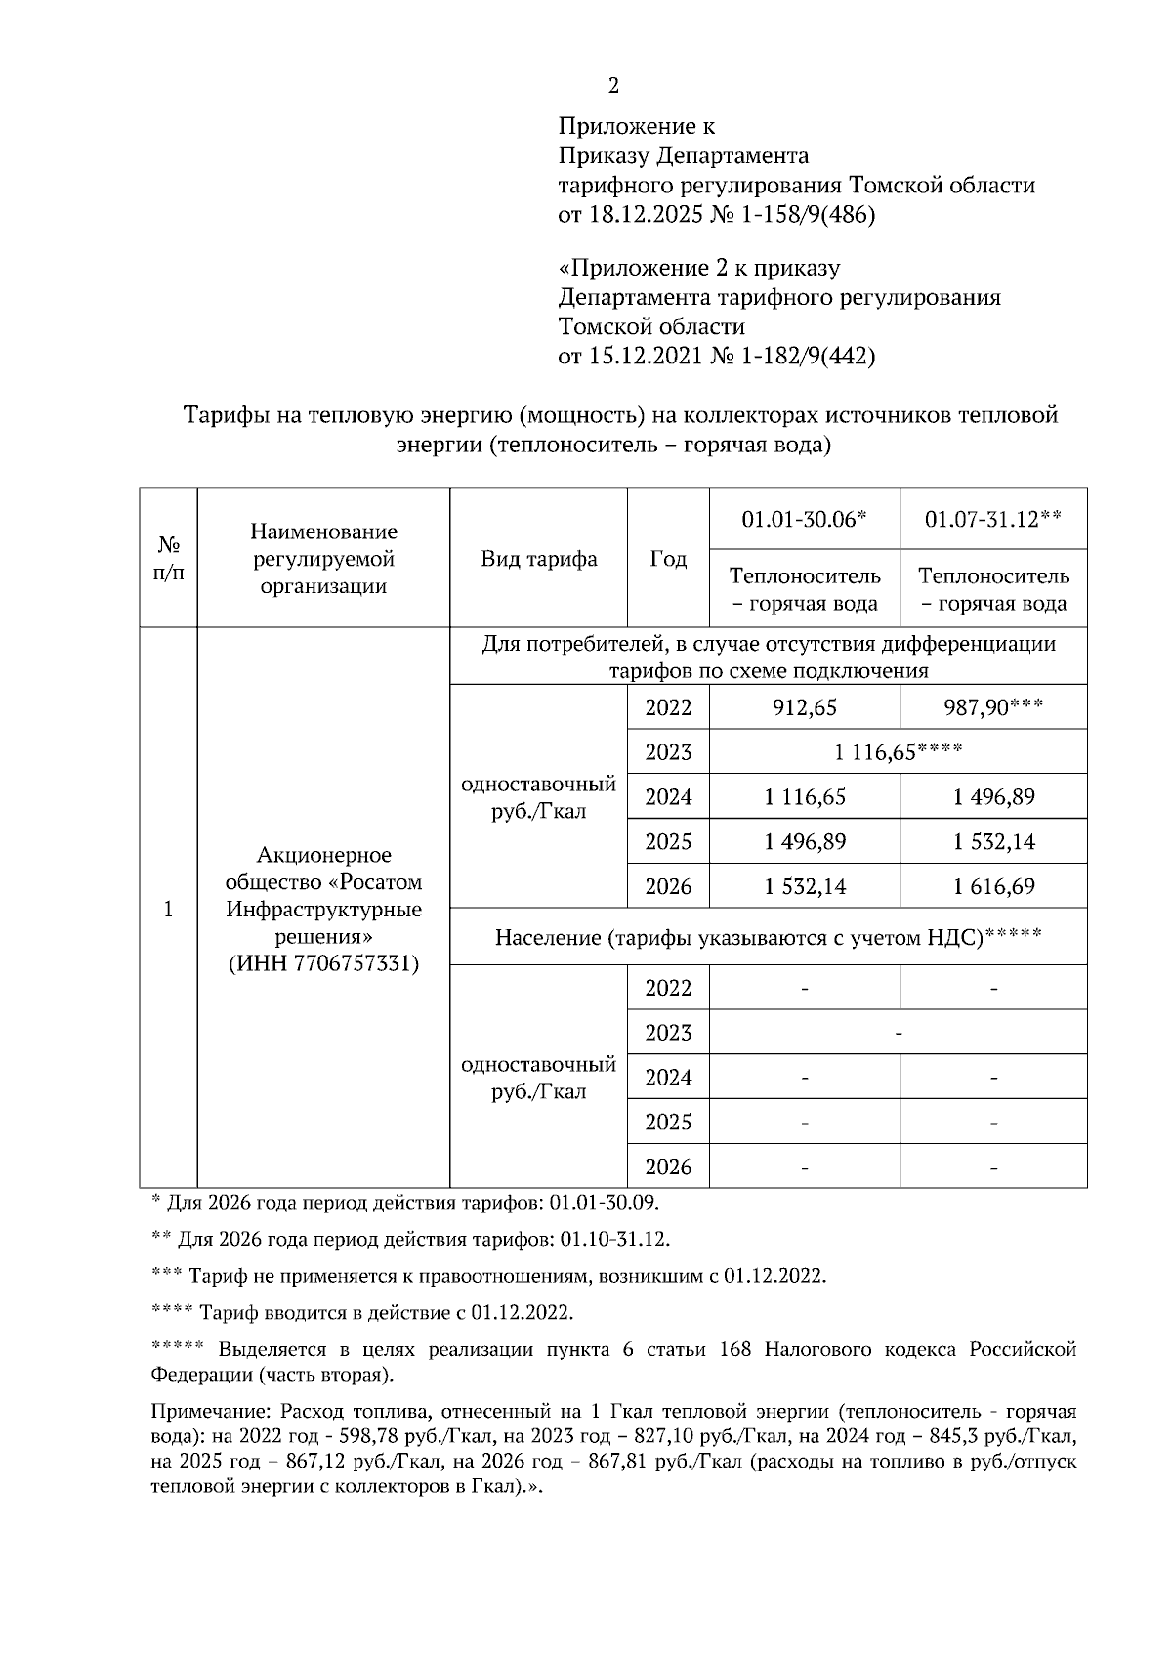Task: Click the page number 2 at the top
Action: click(613, 86)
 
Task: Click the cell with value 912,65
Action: click(805, 707)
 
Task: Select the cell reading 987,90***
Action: click(992, 707)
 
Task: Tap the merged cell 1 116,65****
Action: click(898, 752)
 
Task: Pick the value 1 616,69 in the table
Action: click(993, 887)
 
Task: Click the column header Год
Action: click(668, 559)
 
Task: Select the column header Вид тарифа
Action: click(538, 559)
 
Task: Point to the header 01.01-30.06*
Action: click(804, 518)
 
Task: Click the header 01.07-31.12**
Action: click(992, 518)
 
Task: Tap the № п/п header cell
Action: click(169, 559)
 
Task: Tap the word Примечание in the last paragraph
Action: click(209, 1412)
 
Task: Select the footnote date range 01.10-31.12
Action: click(614, 1240)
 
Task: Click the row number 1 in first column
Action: click(169, 910)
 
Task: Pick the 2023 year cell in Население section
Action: click(668, 1033)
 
